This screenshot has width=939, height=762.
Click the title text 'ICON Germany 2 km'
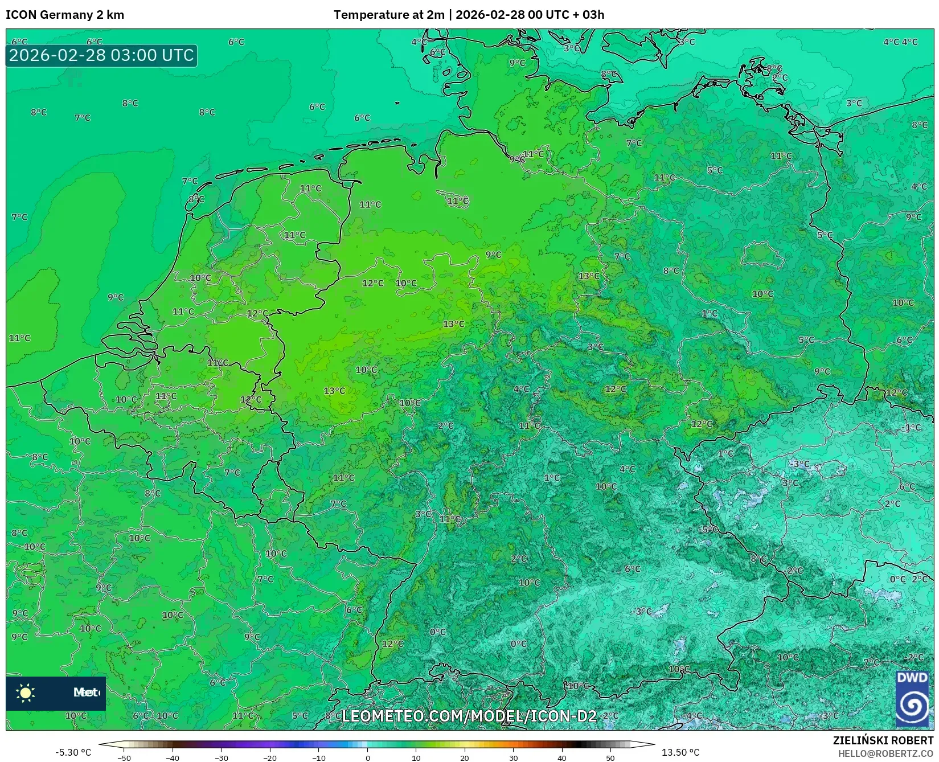pos(65,15)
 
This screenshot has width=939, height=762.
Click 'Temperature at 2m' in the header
pos(389,15)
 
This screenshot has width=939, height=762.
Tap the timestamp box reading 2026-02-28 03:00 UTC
pos(101,55)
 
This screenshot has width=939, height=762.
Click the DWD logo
pos(912,699)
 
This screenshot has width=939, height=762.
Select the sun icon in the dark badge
pos(26,693)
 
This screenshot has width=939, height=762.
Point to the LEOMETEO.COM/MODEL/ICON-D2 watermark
pos(469,716)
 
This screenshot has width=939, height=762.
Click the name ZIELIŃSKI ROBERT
pos(883,741)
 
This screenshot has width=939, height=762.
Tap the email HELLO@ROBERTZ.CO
pos(885,753)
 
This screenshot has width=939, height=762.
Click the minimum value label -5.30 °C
pos(73,752)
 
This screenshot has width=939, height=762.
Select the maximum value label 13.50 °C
pos(680,752)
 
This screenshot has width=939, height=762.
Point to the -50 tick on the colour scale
pos(124,758)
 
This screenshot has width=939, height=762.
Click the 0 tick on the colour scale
pos(368,758)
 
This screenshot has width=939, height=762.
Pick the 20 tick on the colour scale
pos(465,758)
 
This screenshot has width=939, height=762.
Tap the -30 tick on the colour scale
pos(221,758)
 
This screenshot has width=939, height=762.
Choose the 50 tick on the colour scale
pos(610,758)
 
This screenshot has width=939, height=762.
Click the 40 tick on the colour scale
pos(562,758)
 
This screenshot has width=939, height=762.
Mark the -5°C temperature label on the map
pos(710,530)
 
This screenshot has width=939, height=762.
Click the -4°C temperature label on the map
pos(692,715)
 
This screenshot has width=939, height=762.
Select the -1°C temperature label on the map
pos(912,428)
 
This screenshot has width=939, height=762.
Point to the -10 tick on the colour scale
pos(318,758)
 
